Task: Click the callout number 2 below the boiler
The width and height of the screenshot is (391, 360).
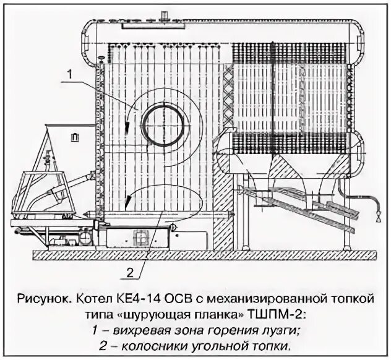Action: coord(130,271)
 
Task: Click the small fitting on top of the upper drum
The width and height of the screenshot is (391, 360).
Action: coord(164,15)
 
